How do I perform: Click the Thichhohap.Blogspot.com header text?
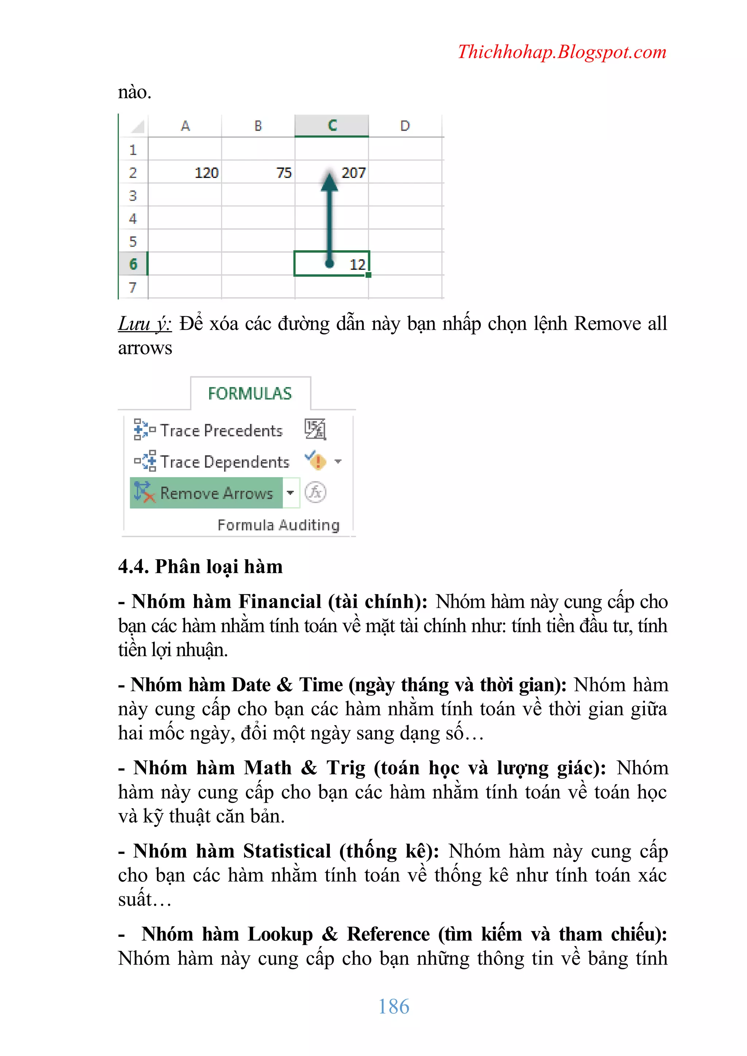(562, 52)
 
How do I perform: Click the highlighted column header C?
(332, 125)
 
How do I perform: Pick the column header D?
(405, 125)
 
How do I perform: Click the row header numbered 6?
(133, 264)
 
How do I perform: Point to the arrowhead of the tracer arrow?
(329, 181)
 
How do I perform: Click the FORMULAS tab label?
(250, 394)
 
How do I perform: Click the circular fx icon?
(316, 492)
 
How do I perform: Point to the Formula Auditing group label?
(278, 525)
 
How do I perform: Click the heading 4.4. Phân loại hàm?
(200, 566)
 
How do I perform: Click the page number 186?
(393, 1006)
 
